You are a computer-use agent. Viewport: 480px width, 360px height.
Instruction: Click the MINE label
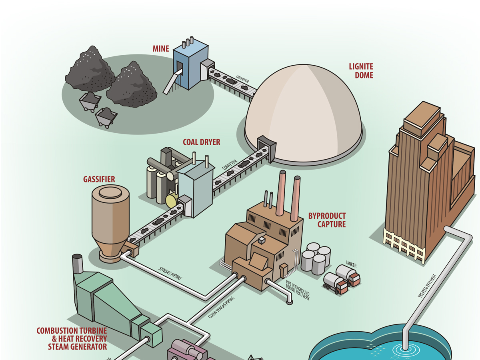[161, 49]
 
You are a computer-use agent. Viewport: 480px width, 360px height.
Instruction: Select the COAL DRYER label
[201, 142]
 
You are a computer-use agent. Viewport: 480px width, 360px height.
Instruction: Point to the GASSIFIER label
[99, 180]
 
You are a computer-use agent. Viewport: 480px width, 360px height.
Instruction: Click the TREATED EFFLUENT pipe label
[425, 286]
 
